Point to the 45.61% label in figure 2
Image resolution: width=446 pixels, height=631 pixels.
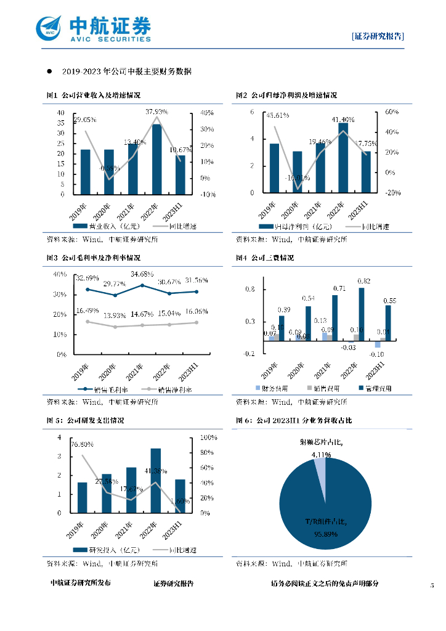[277, 115]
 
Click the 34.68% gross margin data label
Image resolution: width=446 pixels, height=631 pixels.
[142, 274]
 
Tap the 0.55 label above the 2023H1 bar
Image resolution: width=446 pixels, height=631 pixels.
[389, 301]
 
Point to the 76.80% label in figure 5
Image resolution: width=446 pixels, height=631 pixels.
[82, 444]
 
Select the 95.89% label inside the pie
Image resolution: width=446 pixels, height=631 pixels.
[325, 534]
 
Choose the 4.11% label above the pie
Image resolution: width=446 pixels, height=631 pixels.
[321, 455]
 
